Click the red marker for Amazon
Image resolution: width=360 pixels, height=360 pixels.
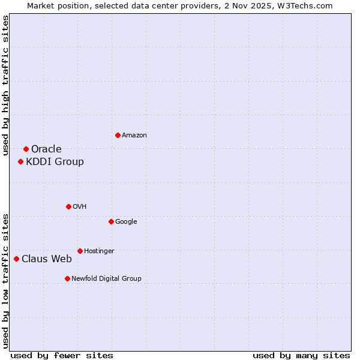118,135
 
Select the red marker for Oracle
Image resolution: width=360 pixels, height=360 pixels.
26,149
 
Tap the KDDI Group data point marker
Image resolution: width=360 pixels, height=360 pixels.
20,161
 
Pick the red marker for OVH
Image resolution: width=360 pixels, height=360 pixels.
68,206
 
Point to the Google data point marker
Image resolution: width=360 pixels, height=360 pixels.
111,221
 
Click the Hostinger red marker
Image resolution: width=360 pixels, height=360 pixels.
80,251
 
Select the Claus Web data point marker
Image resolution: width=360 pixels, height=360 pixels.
16,259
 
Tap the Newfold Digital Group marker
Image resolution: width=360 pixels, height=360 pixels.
67,278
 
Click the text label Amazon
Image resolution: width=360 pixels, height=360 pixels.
134,136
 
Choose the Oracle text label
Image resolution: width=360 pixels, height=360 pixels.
46,149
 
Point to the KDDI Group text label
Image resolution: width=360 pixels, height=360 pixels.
55,162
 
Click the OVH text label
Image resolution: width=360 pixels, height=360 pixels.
80,207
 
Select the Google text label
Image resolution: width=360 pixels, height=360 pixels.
126,222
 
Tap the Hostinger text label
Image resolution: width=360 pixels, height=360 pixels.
99,251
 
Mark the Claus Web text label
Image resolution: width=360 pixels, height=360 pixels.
47,259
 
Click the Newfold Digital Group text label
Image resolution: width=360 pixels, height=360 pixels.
106,279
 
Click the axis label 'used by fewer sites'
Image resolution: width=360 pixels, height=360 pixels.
62,355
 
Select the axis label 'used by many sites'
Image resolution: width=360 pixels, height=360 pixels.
301,355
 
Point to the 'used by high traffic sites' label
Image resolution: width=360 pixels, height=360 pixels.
6,85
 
